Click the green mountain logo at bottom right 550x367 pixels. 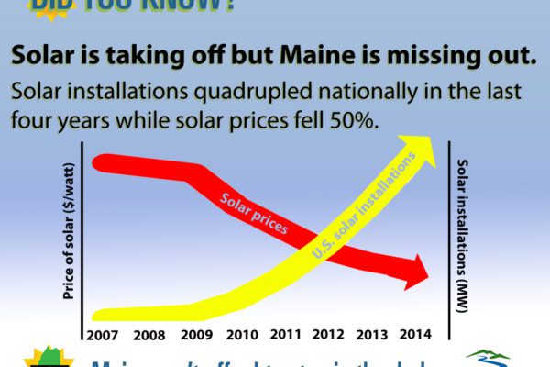point(484,358)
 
